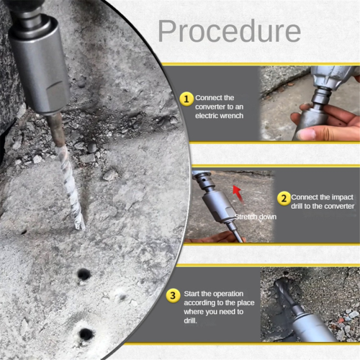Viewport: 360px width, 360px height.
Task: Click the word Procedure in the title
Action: (229, 31)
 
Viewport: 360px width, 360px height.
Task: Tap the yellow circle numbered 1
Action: (186, 99)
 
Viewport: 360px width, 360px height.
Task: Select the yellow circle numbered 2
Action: (284, 199)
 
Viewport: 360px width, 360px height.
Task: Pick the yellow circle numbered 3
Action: (173, 295)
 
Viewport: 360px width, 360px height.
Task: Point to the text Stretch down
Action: (256, 217)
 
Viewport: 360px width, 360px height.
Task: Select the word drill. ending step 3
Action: (190, 320)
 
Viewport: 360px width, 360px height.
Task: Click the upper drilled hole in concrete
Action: (84, 274)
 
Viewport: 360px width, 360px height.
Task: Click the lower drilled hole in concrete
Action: (86, 334)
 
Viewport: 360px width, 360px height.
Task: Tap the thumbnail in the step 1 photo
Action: (306, 134)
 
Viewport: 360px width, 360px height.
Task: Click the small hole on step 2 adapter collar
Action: (204, 179)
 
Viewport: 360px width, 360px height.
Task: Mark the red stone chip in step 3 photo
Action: (341, 320)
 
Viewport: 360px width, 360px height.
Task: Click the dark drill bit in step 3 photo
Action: (287, 294)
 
